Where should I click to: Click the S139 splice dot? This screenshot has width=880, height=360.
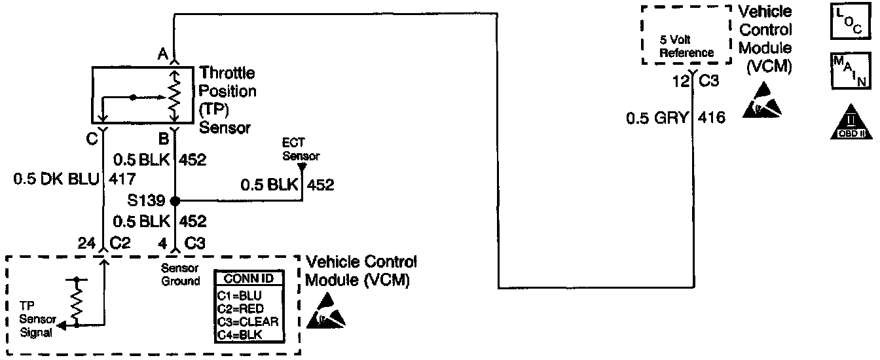point(174,201)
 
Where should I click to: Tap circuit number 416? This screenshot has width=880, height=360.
point(711,118)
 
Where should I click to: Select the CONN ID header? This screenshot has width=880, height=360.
point(249,279)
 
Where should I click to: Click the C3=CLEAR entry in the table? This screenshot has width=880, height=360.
point(248,321)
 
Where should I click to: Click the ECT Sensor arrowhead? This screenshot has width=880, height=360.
point(302,167)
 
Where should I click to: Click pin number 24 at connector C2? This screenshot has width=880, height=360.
point(85,242)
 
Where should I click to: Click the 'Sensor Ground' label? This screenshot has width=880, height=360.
point(181,274)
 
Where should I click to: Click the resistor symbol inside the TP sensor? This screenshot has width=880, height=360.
point(175,94)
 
